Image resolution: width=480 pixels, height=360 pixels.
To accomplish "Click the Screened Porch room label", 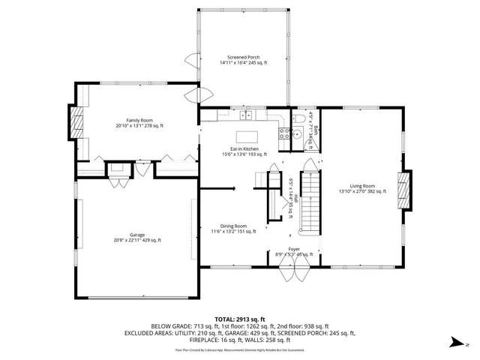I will point(243,60).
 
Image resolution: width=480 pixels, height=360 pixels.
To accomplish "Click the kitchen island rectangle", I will point(247,136).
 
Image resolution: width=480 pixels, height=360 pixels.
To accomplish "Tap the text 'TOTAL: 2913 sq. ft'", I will point(239,319).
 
